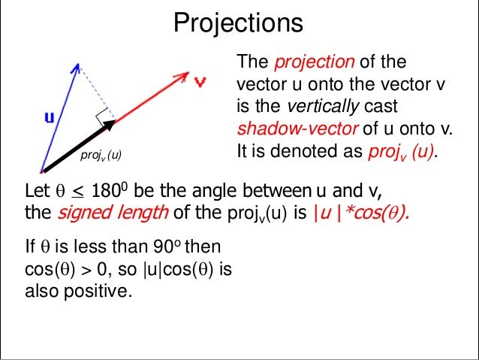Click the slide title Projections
[239, 23]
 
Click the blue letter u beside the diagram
[49, 116]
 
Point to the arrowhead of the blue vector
[75, 68]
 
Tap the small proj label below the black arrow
[100, 156]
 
